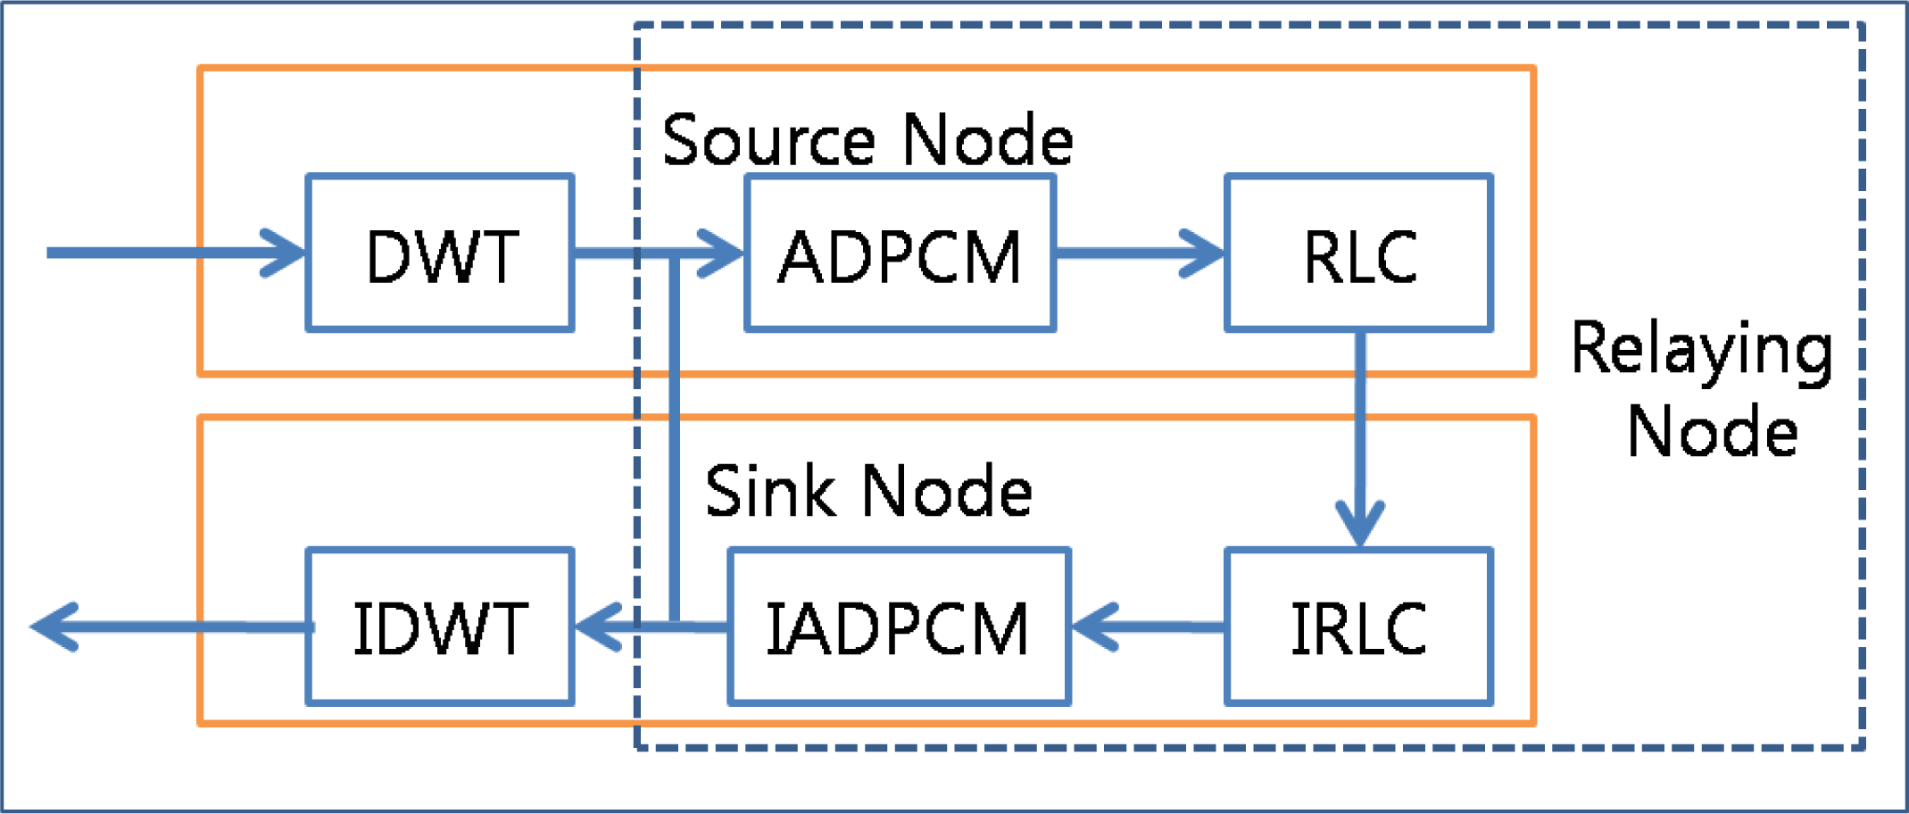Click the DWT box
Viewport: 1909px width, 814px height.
[440, 253]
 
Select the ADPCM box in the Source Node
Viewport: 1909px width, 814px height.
[900, 253]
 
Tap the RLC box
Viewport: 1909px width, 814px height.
[1358, 253]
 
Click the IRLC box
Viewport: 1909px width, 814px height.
[1358, 627]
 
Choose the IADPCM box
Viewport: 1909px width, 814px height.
[899, 627]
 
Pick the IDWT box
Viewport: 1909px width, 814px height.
[440, 627]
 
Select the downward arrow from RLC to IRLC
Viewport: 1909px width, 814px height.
[1359, 437]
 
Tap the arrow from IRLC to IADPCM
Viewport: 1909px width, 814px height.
[1147, 627]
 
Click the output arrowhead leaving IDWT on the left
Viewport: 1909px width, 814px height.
[55, 627]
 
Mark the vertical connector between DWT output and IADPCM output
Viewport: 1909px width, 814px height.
[675, 437]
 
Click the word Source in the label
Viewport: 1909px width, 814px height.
[768, 140]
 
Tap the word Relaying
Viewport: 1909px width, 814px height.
[1701, 350]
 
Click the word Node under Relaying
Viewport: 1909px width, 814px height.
[1711, 431]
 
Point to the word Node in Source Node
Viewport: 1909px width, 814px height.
[987, 140]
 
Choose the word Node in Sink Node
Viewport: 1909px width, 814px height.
[947, 491]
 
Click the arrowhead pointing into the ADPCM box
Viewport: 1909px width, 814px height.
[721, 253]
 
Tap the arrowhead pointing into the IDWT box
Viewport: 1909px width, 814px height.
[598, 627]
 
